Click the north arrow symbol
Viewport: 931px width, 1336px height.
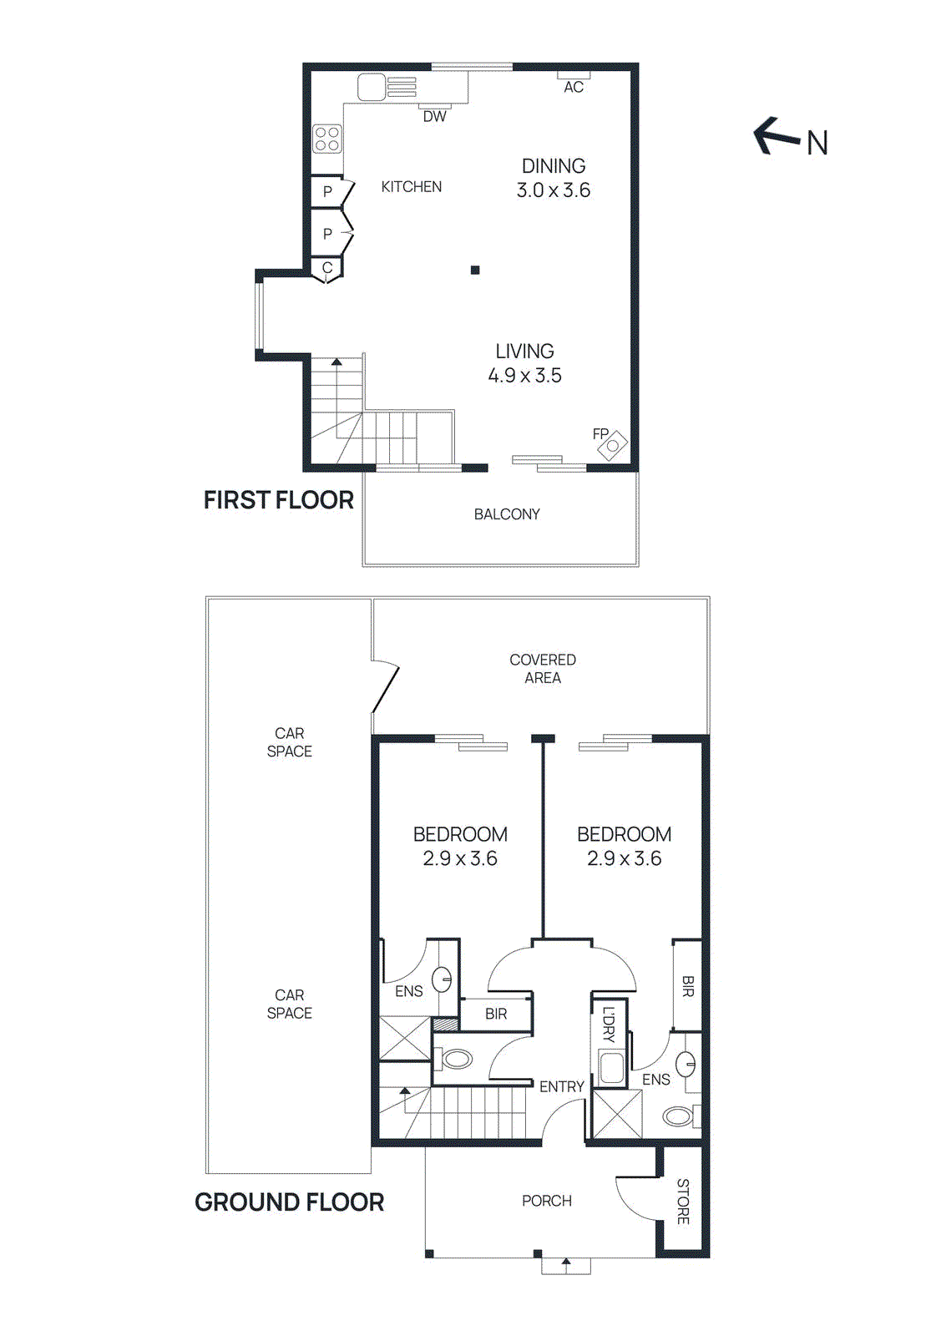pos(777,137)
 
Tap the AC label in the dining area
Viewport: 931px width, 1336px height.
pos(574,87)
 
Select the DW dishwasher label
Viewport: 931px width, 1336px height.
pos(434,117)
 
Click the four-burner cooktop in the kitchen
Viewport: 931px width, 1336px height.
pos(326,139)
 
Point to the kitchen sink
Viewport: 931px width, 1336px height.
pos(372,87)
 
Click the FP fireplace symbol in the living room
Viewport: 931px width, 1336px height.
pos(613,445)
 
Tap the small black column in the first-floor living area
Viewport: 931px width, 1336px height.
pos(475,270)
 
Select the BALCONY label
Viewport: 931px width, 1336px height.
pos(507,514)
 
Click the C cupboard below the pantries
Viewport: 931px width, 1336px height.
pos(327,268)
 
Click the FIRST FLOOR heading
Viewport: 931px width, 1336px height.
pos(279,500)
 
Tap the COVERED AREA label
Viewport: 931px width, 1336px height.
pos(543,669)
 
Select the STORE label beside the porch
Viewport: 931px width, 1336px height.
pos(683,1202)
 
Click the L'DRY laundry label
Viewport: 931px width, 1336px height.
pos(609,1025)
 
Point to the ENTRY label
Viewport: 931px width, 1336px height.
pos(561,1086)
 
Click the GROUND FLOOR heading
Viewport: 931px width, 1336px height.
pos(289,1202)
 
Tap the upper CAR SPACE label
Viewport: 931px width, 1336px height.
pos(290,742)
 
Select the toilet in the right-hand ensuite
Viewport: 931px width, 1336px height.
pos(679,1116)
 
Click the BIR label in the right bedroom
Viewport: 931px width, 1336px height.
pos(688,986)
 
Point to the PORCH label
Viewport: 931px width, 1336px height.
pos(547,1201)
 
